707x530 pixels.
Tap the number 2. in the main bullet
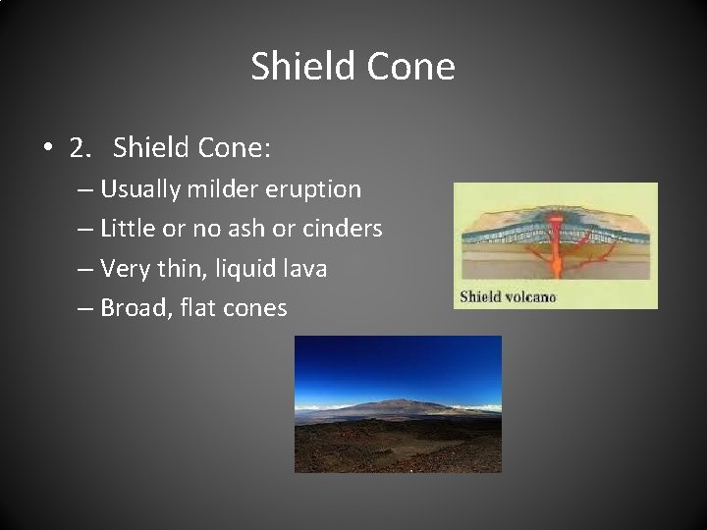(x=83, y=147)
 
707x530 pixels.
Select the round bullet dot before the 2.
(x=47, y=148)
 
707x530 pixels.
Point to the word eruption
(x=314, y=188)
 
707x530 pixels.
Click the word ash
(x=243, y=229)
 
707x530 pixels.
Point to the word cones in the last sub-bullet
(x=255, y=309)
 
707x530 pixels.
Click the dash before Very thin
(x=85, y=269)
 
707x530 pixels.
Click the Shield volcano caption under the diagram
(x=508, y=295)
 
